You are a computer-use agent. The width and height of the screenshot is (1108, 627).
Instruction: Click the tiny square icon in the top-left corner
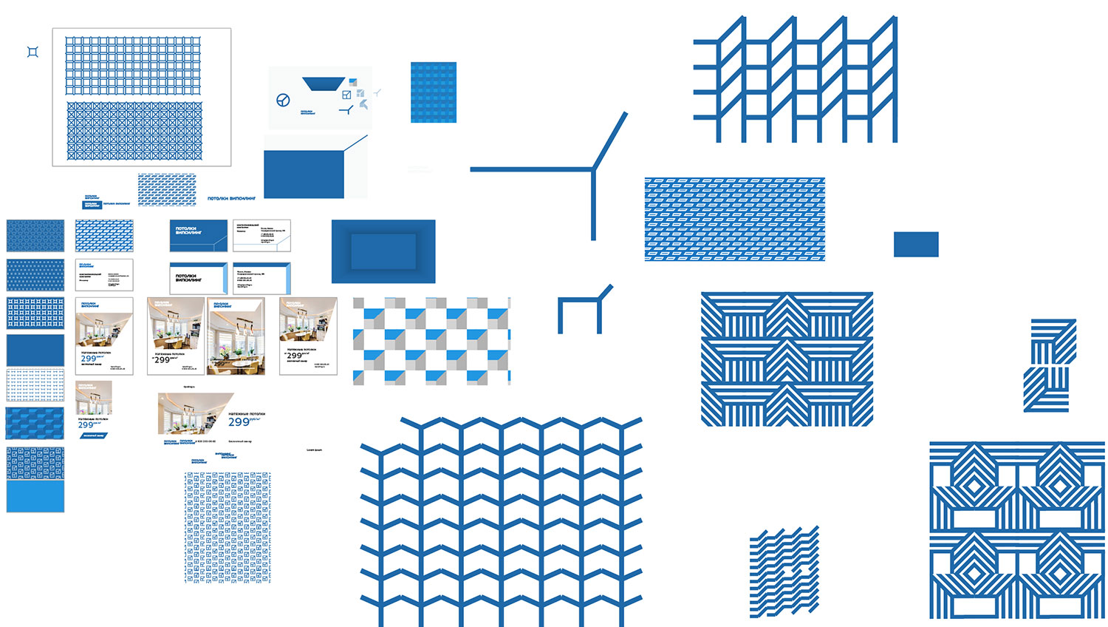(x=33, y=52)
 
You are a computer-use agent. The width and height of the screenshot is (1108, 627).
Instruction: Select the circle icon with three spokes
(x=283, y=100)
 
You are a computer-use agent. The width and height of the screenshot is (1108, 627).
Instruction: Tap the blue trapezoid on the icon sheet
(x=324, y=84)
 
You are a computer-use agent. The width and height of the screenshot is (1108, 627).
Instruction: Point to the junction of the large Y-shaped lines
(x=592, y=169)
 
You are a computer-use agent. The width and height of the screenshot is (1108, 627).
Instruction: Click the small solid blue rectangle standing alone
(x=916, y=244)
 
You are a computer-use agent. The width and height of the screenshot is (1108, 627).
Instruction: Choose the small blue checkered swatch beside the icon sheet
(x=434, y=92)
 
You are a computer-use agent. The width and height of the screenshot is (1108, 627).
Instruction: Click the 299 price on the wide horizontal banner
(x=239, y=422)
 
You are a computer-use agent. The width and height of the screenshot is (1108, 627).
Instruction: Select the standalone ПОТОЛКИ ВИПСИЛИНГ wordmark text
(x=231, y=199)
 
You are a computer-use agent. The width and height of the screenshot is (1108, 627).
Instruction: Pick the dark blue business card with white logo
(x=198, y=235)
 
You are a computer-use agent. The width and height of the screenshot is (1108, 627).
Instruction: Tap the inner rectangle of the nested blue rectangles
(x=383, y=251)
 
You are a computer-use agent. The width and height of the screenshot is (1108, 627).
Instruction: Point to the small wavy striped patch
(x=784, y=572)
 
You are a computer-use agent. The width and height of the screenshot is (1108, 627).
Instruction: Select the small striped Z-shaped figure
(x=1050, y=365)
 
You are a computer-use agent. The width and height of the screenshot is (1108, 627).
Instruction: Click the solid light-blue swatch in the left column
(x=35, y=496)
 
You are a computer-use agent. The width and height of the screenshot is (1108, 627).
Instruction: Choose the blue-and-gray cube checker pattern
(x=431, y=341)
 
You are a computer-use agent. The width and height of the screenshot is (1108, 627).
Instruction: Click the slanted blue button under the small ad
(x=93, y=435)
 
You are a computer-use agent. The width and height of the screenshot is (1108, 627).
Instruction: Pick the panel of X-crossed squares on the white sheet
(x=134, y=131)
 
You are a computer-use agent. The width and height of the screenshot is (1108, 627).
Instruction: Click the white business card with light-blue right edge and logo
(x=198, y=278)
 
